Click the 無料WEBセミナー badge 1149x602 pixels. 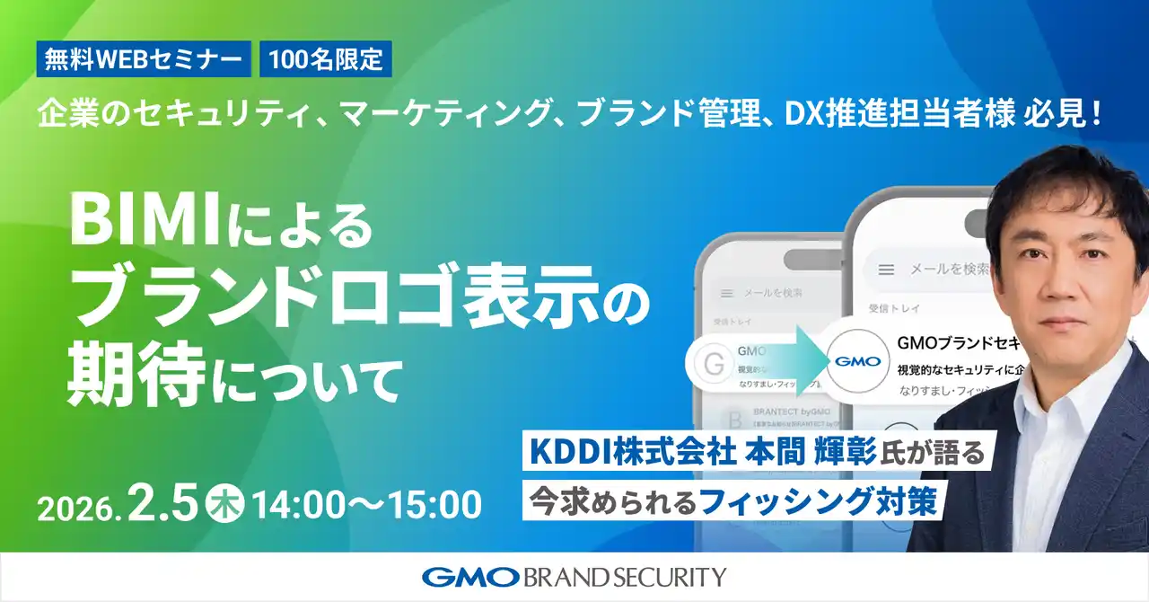(x=144, y=59)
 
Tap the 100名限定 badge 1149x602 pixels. (x=326, y=59)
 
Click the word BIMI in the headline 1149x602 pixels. (x=145, y=221)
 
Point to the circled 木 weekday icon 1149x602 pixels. (x=222, y=503)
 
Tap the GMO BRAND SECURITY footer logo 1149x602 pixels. (x=574, y=577)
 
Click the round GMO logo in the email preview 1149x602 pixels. (x=854, y=363)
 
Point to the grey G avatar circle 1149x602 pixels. (x=714, y=364)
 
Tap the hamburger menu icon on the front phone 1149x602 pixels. (x=886, y=269)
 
